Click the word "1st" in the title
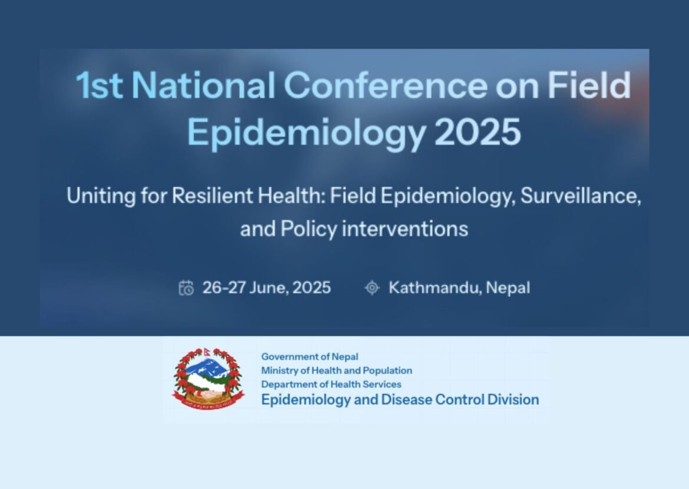[x=99, y=86]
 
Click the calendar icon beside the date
[x=186, y=288]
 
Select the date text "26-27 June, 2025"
[x=266, y=288]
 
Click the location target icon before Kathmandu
[x=372, y=288]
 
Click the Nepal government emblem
[x=208, y=378]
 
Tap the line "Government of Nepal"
[x=309, y=357]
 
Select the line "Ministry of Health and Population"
[x=336, y=371]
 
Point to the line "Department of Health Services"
[x=331, y=384]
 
